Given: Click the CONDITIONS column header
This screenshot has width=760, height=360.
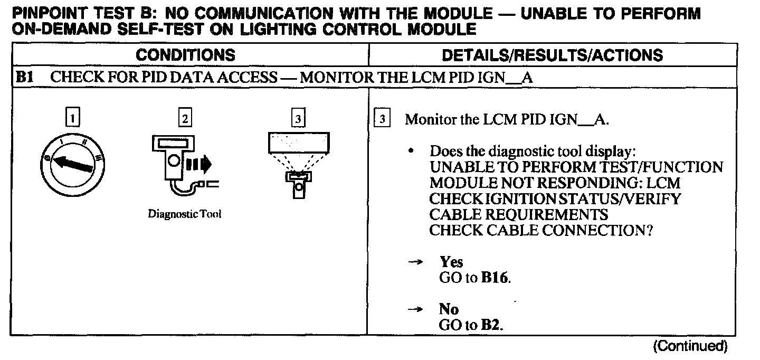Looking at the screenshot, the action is click(185, 55).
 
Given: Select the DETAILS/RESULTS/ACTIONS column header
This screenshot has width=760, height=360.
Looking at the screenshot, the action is click(552, 55).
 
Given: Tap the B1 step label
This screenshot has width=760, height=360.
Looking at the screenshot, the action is click(24, 78).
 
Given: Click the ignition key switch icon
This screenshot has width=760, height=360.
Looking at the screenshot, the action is click(71, 162).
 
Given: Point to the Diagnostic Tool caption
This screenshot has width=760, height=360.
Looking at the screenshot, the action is click(184, 214).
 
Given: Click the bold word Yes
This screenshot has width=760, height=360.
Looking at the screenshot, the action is click(451, 262).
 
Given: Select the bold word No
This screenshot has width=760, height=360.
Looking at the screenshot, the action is click(449, 309).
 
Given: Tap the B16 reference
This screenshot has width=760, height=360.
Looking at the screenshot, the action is click(496, 278).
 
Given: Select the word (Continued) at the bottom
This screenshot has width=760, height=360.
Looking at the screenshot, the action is click(690, 346).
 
